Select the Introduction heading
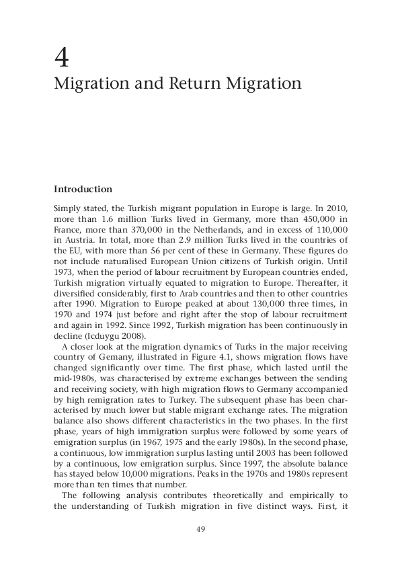click(83, 190)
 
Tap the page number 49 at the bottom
click(200, 529)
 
